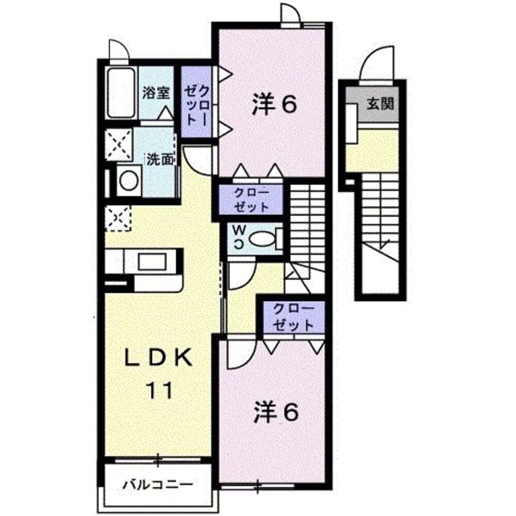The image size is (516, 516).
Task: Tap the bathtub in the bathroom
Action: (x=121, y=92)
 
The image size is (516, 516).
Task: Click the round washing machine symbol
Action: (x=128, y=181)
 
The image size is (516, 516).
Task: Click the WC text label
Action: (x=238, y=237)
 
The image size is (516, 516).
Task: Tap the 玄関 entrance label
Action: (x=381, y=103)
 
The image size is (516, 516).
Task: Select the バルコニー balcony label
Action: (x=158, y=485)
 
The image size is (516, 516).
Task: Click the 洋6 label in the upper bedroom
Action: (x=275, y=105)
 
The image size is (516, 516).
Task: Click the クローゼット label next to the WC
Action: (x=251, y=200)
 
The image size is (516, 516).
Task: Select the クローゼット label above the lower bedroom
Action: (x=294, y=317)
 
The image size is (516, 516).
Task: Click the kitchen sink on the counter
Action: (x=151, y=261)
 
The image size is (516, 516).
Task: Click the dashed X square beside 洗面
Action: (x=119, y=143)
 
